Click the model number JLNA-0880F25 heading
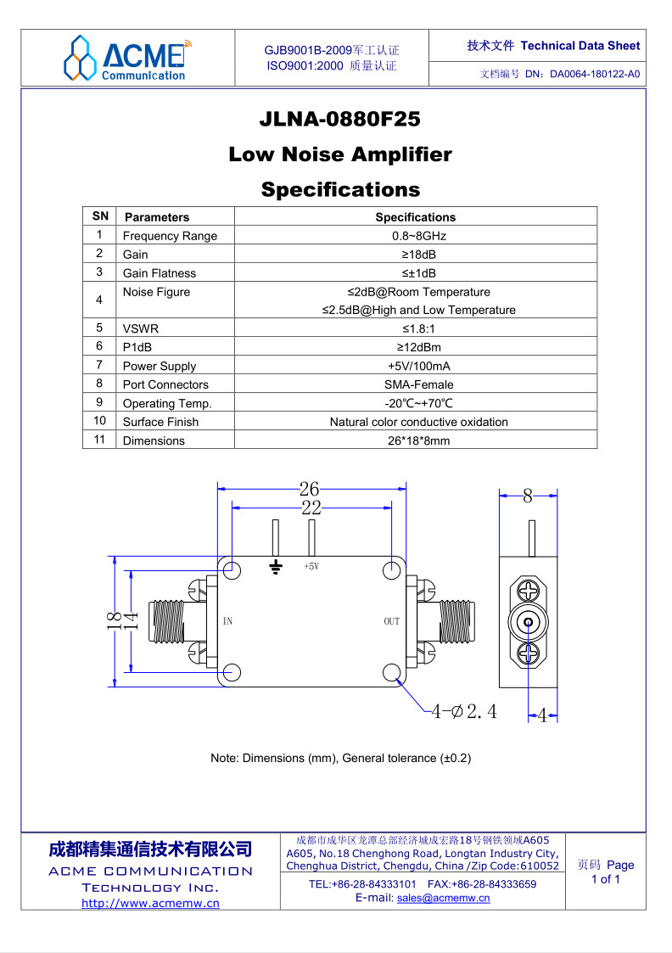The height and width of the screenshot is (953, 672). [339, 119]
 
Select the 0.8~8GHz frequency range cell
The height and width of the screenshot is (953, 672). [418, 236]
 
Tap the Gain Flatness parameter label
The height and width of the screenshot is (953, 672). [160, 273]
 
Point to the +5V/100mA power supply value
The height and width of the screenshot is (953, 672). [418, 366]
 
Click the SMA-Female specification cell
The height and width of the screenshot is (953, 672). [418, 384]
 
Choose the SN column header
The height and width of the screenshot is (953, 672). [100, 216]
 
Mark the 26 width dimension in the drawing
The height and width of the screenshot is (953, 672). [309, 488]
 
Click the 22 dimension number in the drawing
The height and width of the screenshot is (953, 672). [311, 507]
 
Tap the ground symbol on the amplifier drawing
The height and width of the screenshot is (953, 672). [276, 568]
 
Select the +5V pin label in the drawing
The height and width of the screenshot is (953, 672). [311, 566]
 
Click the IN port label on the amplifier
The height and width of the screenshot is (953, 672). [227, 621]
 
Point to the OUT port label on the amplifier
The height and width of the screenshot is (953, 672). [391, 621]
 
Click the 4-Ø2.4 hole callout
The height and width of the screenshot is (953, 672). [463, 711]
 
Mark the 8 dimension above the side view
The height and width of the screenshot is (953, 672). [528, 496]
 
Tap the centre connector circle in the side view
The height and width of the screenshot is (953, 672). [528, 622]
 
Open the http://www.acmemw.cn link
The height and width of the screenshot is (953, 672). [151, 903]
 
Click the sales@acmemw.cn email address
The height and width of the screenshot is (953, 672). [443, 899]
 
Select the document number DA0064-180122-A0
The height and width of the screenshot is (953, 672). [595, 74]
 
